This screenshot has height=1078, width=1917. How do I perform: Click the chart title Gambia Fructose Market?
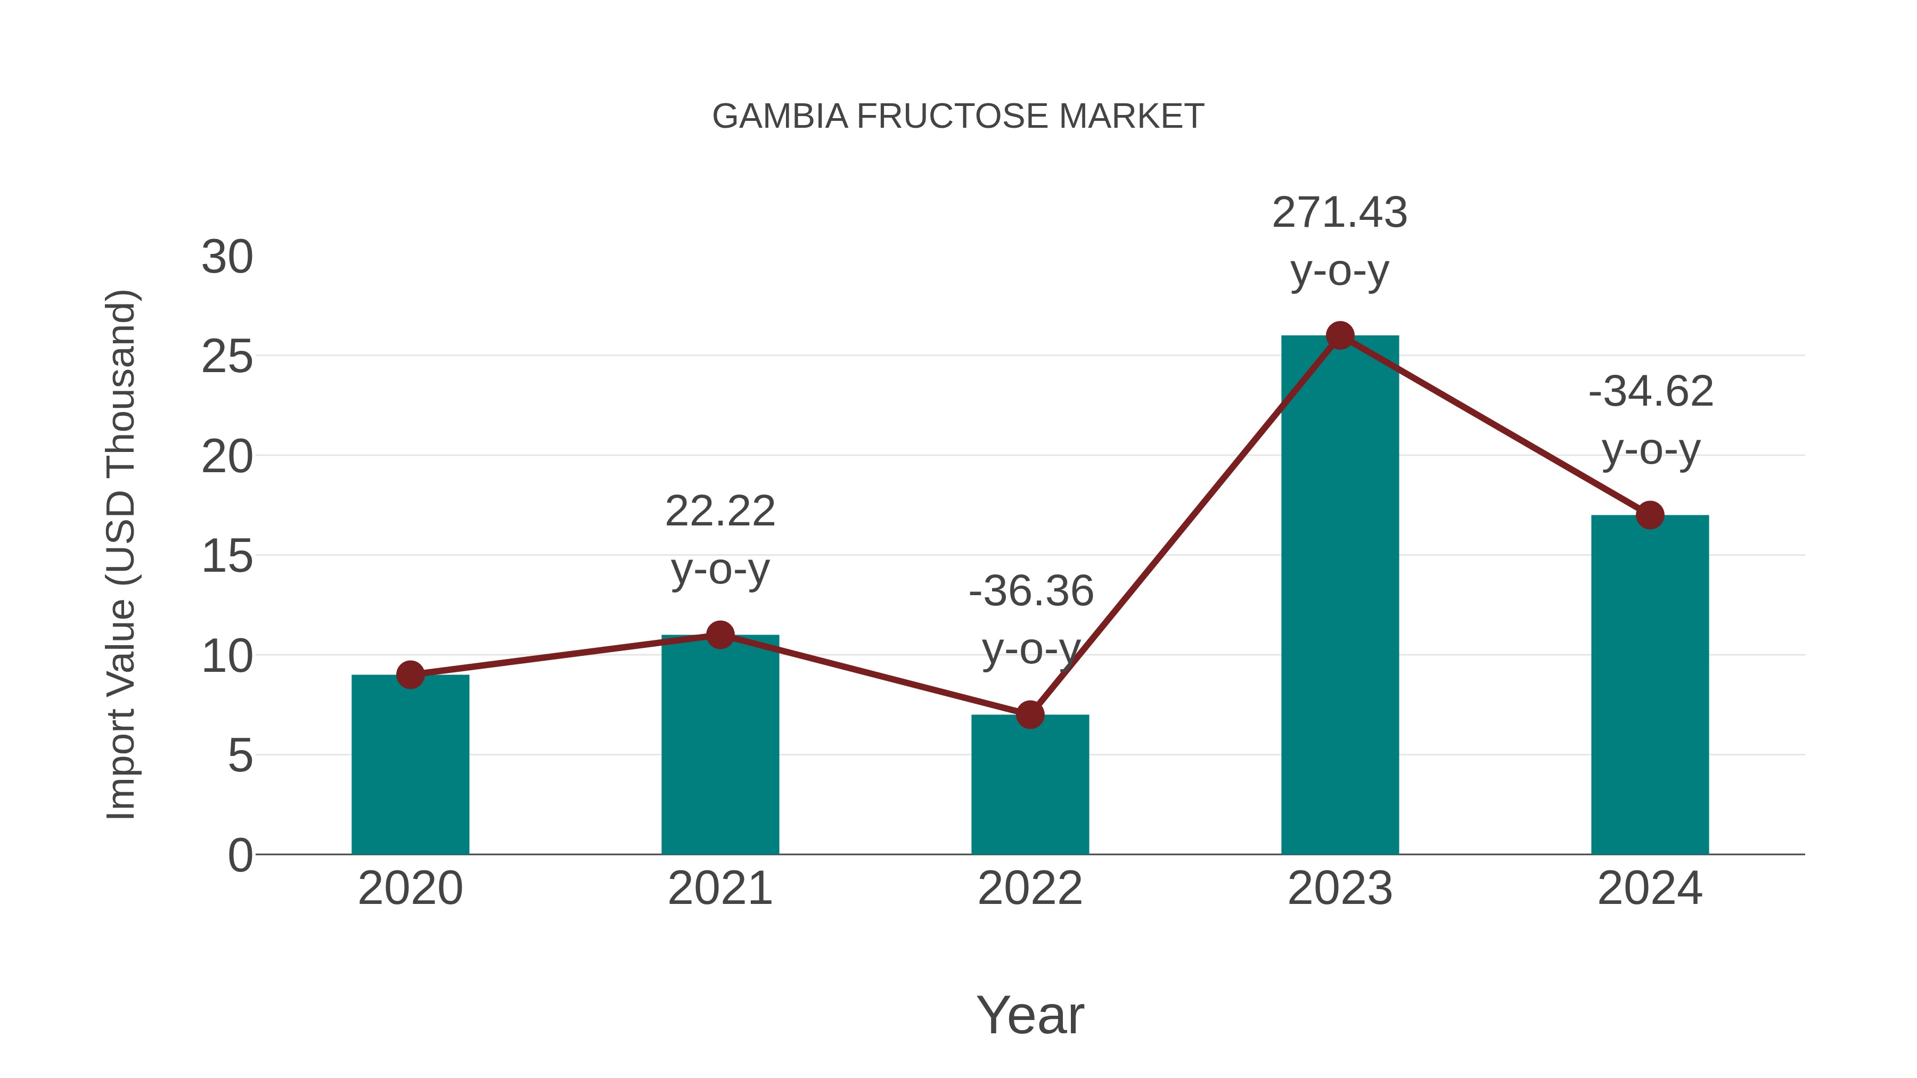click(x=958, y=117)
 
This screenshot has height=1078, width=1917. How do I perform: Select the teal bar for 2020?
click(x=410, y=766)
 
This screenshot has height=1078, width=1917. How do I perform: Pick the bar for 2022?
click(x=1030, y=788)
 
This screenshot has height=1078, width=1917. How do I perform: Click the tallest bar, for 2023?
click(x=1340, y=595)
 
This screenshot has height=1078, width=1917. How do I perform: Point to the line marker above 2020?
click(x=410, y=675)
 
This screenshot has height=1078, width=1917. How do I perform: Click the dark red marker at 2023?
click(x=1340, y=335)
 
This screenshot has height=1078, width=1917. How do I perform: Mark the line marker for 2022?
click(x=1030, y=714)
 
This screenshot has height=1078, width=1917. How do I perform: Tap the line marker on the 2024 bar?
click(x=1650, y=515)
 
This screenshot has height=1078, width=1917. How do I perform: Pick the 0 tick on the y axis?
click(x=240, y=855)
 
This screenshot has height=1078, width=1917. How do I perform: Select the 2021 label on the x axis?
click(x=719, y=889)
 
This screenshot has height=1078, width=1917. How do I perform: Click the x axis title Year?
click(x=1030, y=1016)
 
